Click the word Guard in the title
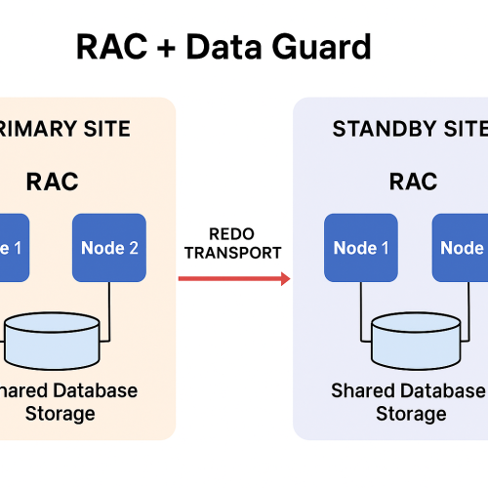[323, 46]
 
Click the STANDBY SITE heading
[410, 129]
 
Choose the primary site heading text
[65, 129]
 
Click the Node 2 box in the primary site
[108, 248]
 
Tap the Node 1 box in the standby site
[361, 248]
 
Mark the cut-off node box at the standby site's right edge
[460, 248]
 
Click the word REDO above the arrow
[231, 234]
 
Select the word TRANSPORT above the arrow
[231, 253]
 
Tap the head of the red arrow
[285, 279]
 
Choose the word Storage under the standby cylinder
[411, 414]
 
